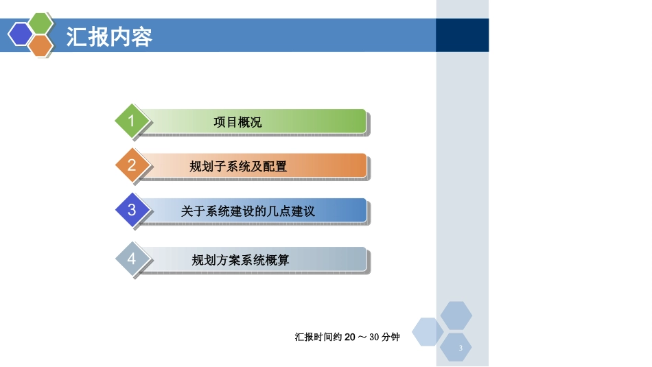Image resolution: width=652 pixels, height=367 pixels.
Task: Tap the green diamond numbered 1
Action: tap(132, 121)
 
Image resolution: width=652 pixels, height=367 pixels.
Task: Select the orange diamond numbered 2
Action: tap(132, 165)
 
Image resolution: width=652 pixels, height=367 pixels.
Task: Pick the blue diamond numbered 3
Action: tap(132, 210)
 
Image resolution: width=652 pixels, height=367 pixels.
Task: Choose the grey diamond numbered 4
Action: tap(132, 259)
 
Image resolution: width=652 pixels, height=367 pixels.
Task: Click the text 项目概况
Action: tap(237, 122)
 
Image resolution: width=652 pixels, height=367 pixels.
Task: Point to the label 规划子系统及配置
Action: tap(238, 166)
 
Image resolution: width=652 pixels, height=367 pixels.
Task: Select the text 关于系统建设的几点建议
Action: tap(248, 211)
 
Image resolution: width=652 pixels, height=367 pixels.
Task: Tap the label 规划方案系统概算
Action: tap(240, 260)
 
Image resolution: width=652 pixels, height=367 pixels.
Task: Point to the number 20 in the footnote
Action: tap(350, 337)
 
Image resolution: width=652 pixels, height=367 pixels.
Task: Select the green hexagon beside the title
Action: tap(41, 23)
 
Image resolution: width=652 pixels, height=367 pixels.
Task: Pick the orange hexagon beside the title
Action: tap(41, 45)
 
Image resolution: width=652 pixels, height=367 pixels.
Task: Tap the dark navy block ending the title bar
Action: tap(462, 35)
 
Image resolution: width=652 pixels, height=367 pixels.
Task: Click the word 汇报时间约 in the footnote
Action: tap(318, 337)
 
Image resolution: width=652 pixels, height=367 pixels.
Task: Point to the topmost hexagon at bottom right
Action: tap(456, 316)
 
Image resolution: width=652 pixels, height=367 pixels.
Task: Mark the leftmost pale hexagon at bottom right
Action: tap(428, 332)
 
